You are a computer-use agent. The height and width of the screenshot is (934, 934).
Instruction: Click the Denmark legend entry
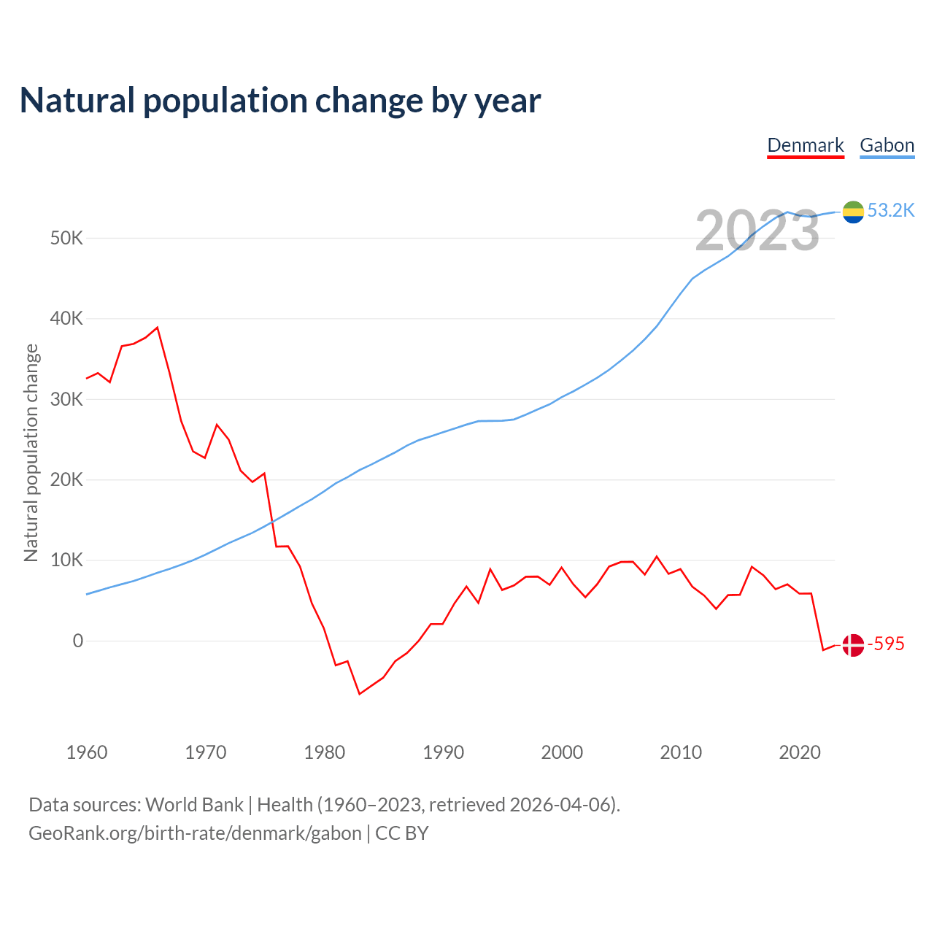[806, 145]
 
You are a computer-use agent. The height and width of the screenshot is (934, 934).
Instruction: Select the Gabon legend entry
[887, 145]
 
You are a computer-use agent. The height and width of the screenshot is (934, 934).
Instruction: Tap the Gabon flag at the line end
[853, 212]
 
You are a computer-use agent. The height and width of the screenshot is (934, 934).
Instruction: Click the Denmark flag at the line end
[853, 644]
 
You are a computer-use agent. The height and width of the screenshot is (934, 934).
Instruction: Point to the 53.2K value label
[891, 211]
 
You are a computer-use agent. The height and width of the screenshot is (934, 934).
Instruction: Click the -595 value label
[886, 644]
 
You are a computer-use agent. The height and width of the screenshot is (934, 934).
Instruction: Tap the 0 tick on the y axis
[77, 641]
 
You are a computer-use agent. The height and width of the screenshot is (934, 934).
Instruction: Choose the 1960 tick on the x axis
[87, 752]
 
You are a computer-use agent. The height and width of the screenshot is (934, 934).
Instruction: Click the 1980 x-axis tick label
[325, 752]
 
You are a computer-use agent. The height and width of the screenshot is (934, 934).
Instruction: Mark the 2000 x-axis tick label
[562, 752]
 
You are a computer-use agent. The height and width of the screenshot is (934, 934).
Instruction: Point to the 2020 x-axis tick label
[800, 752]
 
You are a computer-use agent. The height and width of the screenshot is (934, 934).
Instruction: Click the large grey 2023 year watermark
[757, 231]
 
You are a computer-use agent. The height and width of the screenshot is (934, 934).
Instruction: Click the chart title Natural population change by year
[280, 101]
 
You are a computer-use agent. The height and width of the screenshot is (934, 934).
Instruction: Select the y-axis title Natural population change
[31, 453]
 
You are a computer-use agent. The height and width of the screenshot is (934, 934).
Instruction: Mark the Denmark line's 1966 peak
[158, 328]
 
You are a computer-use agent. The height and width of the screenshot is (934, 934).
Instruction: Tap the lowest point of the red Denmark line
[360, 694]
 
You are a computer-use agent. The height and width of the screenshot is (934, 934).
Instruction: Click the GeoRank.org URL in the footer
[195, 833]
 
